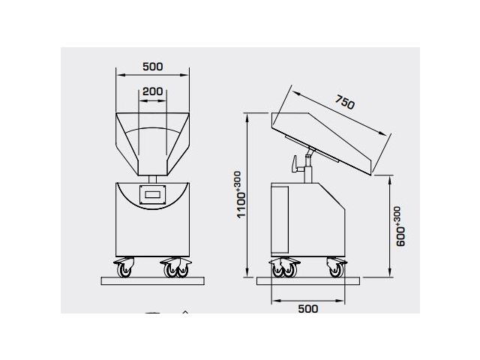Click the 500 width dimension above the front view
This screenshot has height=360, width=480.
[x=152, y=67]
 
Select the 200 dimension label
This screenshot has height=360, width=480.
[x=153, y=91]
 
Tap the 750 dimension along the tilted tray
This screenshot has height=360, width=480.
[x=344, y=103]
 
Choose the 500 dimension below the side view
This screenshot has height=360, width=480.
[x=308, y=307]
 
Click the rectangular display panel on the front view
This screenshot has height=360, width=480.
[x=153, y=195]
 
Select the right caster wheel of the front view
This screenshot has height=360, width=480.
[x=177, y=268]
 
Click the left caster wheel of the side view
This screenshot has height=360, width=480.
[x=283, y=268]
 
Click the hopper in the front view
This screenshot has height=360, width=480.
[x=153, y=142]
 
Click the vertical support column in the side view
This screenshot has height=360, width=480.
[x=307, y=171]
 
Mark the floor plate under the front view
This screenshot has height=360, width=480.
[x=153, y=281]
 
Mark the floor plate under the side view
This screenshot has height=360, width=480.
[x=308, y=281]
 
